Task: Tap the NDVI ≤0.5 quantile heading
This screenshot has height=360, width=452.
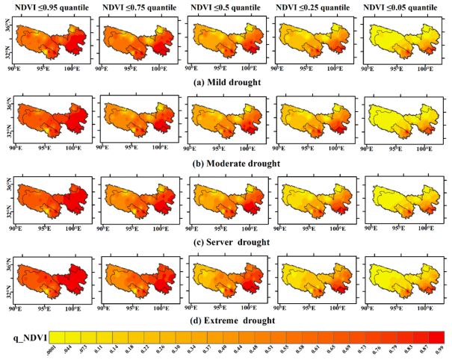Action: click(x=225, y=8)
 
